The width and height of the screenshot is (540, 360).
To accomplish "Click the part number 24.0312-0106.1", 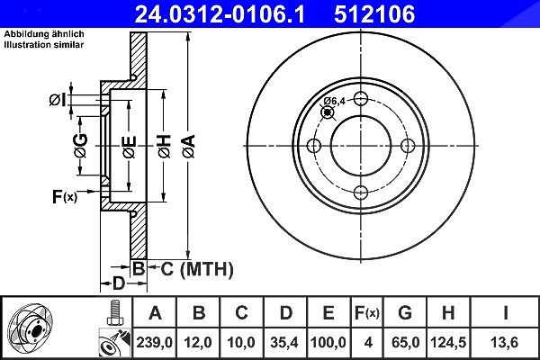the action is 220,14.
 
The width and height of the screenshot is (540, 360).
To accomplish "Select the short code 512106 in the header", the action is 374,14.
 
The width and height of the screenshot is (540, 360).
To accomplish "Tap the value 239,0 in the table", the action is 154,342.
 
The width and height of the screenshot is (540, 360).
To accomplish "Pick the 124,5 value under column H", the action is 448,342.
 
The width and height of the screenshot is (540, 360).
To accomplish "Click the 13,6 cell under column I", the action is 505,342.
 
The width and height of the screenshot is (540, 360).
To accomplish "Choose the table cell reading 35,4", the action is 284,342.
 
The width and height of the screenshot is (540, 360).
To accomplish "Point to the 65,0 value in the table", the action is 405,342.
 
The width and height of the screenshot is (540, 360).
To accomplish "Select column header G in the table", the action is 405,313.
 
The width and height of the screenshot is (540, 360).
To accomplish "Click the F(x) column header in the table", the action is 367,313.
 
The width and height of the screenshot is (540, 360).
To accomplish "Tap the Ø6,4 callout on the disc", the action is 334,101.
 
